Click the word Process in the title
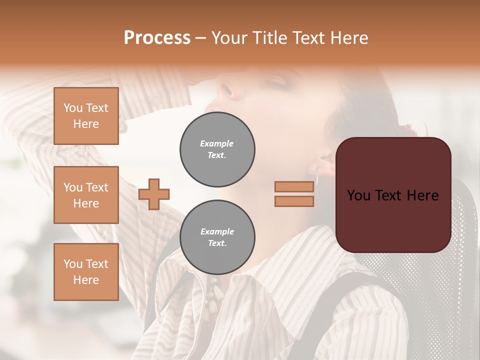[x=157, y=38]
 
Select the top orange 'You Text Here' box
[x=86, y=116]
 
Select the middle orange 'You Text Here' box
[x=86, y=195]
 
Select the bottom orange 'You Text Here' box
[x=86, y=271]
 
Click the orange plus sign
[x=154, y=194]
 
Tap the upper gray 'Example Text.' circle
[x=217, y=149]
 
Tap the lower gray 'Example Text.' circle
[x=217, y=237]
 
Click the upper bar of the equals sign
[x=294, y=186]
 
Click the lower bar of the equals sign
[x=294, y=201]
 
